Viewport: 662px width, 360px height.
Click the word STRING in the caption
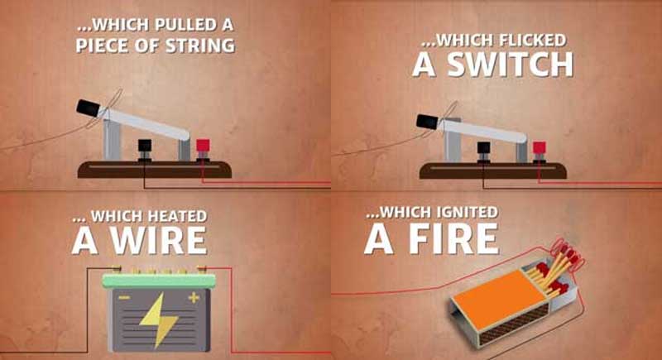(200, 46)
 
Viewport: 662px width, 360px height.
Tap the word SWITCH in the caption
(510, 65)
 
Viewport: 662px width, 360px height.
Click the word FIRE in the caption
(454, 239)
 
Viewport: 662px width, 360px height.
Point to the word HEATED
(177, 216)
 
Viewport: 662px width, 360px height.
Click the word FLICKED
(532, 41)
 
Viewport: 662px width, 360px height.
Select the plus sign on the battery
(194, 298)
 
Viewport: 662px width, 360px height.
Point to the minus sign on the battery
(123, 298)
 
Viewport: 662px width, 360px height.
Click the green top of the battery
(159, 281)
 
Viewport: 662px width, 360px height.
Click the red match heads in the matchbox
(555, 270)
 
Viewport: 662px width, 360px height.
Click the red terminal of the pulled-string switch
(203, 146)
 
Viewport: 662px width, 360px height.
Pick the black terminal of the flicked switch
(484, 148)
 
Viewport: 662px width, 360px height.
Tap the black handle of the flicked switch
(428, 122)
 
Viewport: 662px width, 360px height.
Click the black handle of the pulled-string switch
(89, 108)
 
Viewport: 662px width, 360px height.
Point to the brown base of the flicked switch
(492, 171)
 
